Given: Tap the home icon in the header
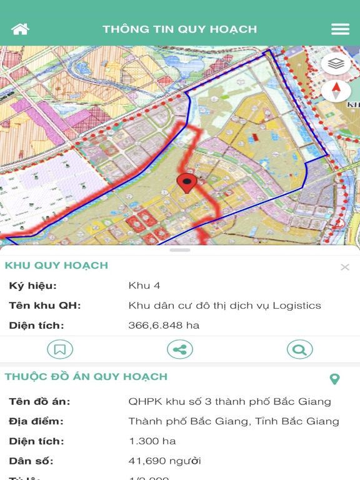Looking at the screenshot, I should pyautogui.click(x=20, y=29).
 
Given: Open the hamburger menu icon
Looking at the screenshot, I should pyautogui.click(x=340, y=29).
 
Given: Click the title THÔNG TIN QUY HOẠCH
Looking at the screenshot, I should pyautogui.click(x=180, y=29).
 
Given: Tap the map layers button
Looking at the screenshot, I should pyautogui.click(x=336, y=63).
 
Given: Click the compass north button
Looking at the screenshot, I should pyautogui.click(x=336, y=91).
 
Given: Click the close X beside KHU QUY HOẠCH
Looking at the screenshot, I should pyautogui.click(x=345, y=267).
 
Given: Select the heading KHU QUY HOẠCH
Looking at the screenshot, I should pyautogui.click(x=56, y=265).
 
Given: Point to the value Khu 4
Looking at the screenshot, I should pyautogui.click(x=144, y=286).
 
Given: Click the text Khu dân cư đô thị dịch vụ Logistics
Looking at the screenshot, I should pyautogui.click(x=224, y=306).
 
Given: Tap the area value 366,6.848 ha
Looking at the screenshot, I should pyautogui.click(x=164, y=326).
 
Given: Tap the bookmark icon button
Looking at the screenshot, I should pyautogui.click(x=60, y=349).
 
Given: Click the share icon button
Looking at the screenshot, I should pyautogui.click(x=180, y=349).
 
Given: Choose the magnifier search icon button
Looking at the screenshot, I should pyautogui.click(x=299, y=349).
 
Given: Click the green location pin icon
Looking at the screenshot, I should pyautogui.click(x=334, y=379).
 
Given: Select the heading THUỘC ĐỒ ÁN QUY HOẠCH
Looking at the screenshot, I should pyautogui.click(x=86, y=377).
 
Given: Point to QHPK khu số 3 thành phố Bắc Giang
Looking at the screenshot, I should pyautogui.click(x=229, y=401).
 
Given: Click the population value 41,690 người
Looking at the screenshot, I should pyautogui.click(x=165, y=461).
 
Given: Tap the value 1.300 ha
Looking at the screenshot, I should pyautogui.click(x=152, y=441).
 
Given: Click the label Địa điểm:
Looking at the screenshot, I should pyautogui.click(x=36, y=421).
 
